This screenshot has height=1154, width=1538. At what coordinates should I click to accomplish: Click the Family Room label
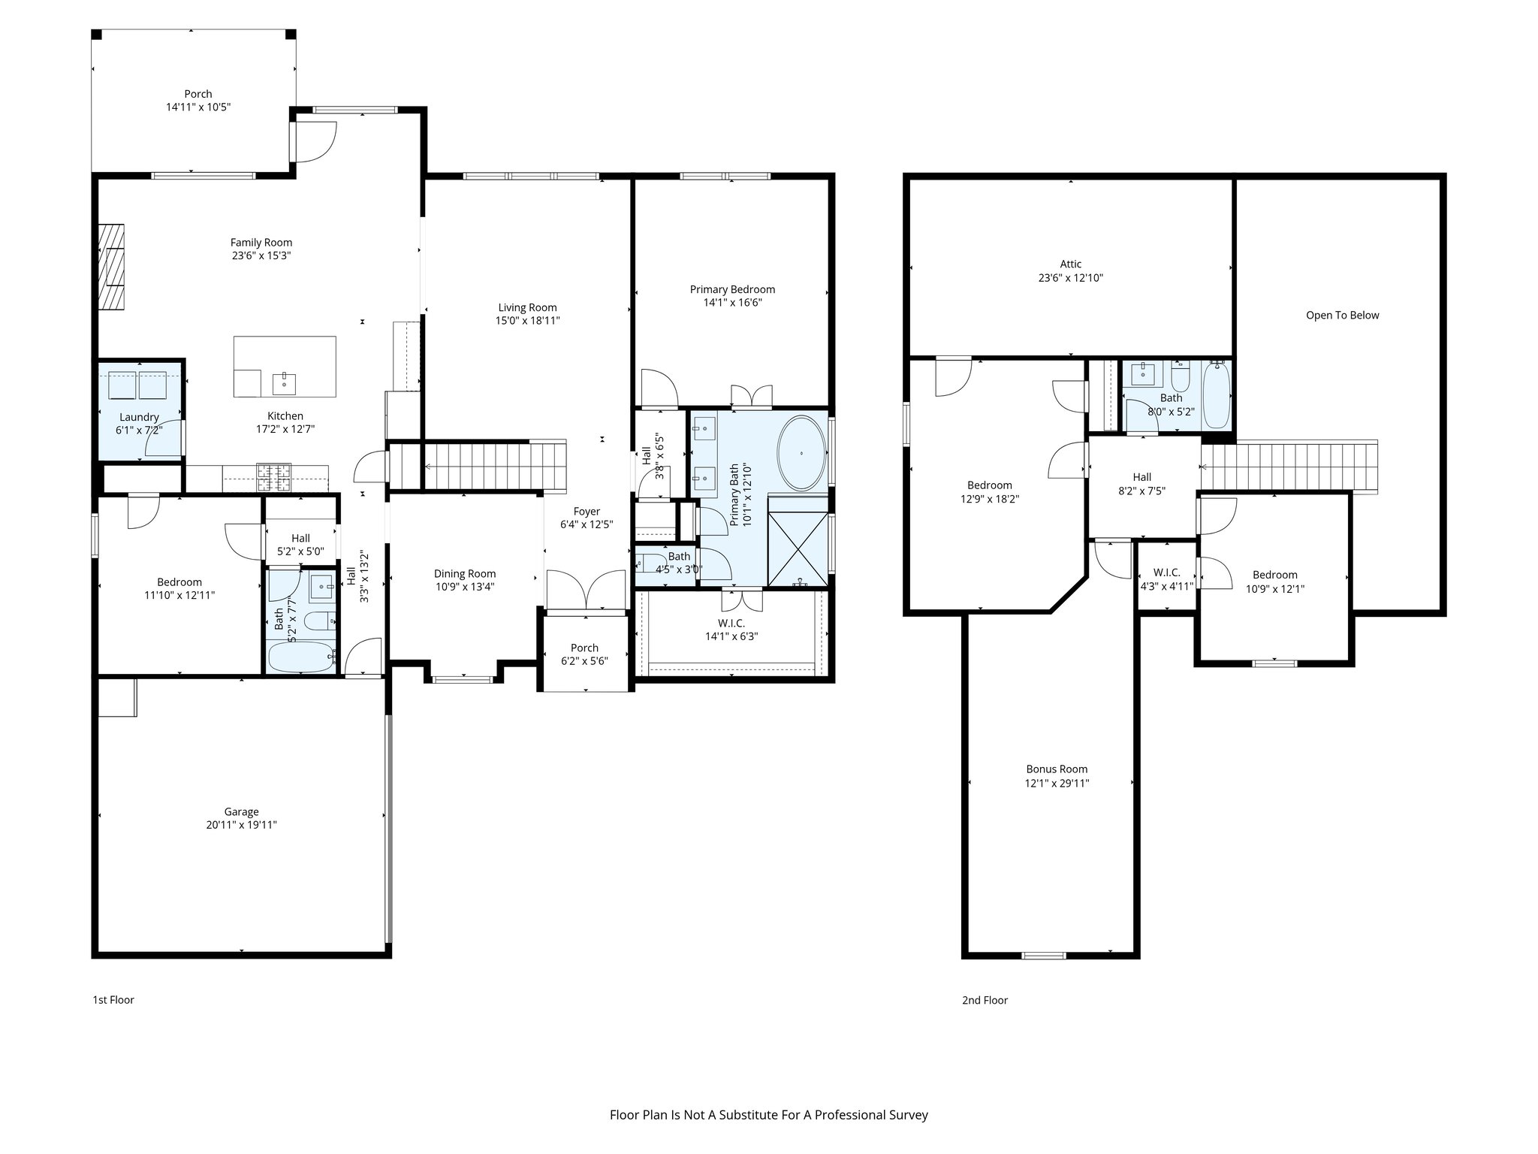(x=261, y=243)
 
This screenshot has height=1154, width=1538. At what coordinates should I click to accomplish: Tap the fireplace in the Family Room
(x=112, y=267)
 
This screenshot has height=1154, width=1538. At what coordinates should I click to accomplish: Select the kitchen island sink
(x=285, y=383)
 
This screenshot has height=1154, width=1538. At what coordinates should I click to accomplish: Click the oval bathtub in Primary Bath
(x=801, y=454)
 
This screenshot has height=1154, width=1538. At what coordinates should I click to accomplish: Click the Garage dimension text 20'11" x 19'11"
(x=241, y=825)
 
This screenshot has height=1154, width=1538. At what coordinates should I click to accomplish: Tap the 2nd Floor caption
(x=985, y=1000)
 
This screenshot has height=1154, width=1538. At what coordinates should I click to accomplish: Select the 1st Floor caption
(x=113, y=1000)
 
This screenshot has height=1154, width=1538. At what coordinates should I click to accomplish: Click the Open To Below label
(x=1342, y=316)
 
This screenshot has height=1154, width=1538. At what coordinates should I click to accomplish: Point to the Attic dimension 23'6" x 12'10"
(x=1070, y=278)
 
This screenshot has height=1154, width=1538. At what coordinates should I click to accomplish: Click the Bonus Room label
(x=1057, y=769)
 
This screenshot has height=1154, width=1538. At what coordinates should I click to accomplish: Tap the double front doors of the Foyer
(x=586, y=591)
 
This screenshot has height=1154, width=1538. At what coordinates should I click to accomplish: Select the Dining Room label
(x=465, y=574)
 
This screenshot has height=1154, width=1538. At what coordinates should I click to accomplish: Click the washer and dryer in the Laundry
(x=139, y=385)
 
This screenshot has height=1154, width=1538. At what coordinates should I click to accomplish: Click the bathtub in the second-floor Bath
(x=1217, y=396)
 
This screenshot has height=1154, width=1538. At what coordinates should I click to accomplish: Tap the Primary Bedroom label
(x=732, y=289)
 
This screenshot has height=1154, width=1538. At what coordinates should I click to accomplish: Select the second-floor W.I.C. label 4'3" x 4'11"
(x=1166, y=587)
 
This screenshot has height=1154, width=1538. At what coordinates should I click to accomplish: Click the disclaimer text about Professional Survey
(x=768, y=1115)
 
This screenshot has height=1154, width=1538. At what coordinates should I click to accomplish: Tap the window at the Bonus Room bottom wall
(x=1044, y=956)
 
